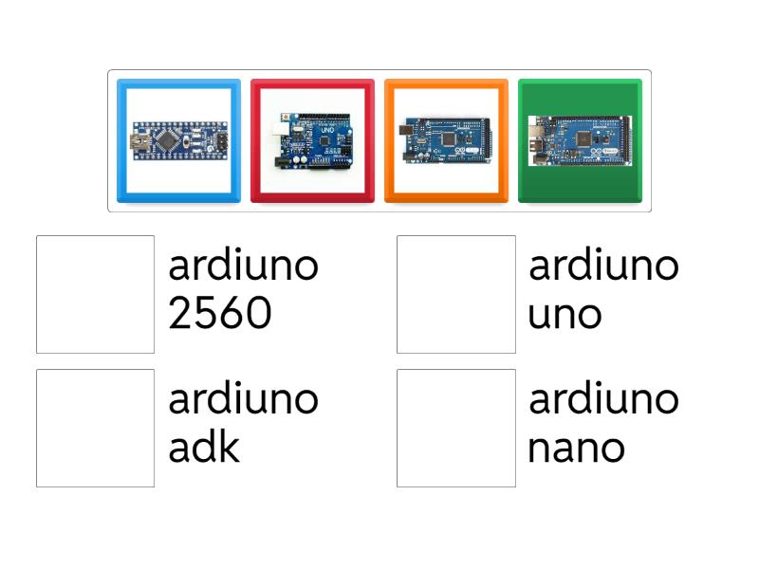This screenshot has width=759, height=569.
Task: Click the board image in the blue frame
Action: pyautogui.click(x=178, y=140)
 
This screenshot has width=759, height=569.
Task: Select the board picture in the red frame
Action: pyautogui.click(x=312, y=140)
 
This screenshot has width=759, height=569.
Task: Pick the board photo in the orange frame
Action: pyautogui.click(x=446, y=140)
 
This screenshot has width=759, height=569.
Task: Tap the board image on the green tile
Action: pyautogui.click(x=580, y=140)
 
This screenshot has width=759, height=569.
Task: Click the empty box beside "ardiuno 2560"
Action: pyautogui.click(x=95, y=294)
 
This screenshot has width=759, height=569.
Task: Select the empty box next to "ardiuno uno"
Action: pyautogui.click(x=456, y=294)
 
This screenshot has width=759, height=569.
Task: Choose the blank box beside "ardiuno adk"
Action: pyautogui.click(x=95, y=428)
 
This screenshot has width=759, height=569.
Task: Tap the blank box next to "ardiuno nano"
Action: pyautogui.click(x=456, y=428)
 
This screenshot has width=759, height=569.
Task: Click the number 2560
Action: pyautogui.click(x=220, y=314)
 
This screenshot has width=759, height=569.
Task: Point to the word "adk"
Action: pyautogui.click(x=204, y=448)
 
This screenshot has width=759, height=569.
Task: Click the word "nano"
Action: pyautogui.click(x=576, y=448)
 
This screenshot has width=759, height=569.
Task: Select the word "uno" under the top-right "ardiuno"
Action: pyautogui.click(x=565, y=314)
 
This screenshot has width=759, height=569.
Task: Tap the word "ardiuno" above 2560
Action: pyautogui.click(x=243, y=266)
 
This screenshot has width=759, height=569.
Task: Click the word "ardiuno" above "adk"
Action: pyautogui.click(x=243, y=400)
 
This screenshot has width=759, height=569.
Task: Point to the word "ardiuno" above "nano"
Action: pyautogui.click(x=603, y=400)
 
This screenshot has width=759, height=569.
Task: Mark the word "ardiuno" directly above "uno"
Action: pyautogui.click(x=603, y=266)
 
